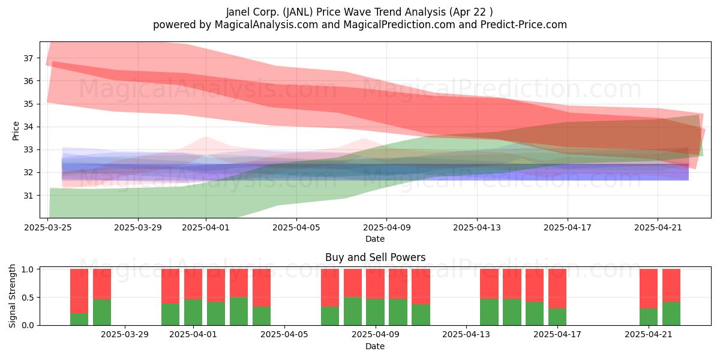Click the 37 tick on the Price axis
[x=28, y=58]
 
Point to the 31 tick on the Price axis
[x=28, y=196]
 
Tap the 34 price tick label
[x=28, y=127]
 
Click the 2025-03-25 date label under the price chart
[x=48, y=227]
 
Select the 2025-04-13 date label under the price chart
[x=477, y=227]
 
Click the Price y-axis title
[x=16, y=131]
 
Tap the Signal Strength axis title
[x=12, y=296]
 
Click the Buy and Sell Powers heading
[x=375, y=257]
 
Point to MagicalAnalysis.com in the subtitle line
[x=266, y=25]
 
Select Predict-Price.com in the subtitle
[x=524, y=25]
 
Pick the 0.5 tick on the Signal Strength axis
[x=28, y=298]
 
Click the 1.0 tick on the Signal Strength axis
[x=28, y=269]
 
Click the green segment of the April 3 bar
[x=239, y=311]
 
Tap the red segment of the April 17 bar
[x=557, y=289]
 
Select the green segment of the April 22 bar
[x=671, y=313]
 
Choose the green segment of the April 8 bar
[x=353, y=311]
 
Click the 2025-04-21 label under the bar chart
[x=649, y=335]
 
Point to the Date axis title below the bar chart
[x=375, y=346]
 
